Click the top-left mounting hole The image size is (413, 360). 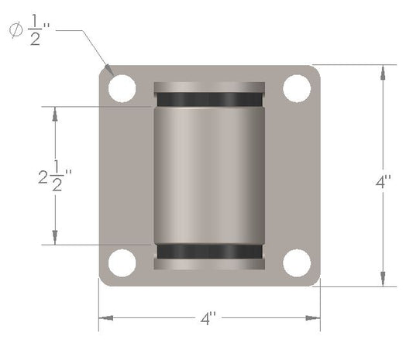coord(122,88)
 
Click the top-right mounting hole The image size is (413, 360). coord(297,88)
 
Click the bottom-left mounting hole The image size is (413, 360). coord(122,263)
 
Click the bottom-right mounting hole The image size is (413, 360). coord(297,263)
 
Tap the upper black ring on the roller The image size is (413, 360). coord(209,100)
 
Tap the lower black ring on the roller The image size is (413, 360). coord(209,252)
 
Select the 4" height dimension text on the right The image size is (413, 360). coord(384,183)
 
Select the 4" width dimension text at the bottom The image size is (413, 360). coord(208,318)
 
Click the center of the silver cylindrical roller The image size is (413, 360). coord(209,176)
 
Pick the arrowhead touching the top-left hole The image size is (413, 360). coord(112,71)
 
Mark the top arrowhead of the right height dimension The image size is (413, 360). coord(383,71)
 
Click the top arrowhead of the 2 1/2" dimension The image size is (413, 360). coord(54,112)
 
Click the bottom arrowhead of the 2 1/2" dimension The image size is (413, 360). coord(54,239)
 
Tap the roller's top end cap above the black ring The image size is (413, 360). coord(209,87)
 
